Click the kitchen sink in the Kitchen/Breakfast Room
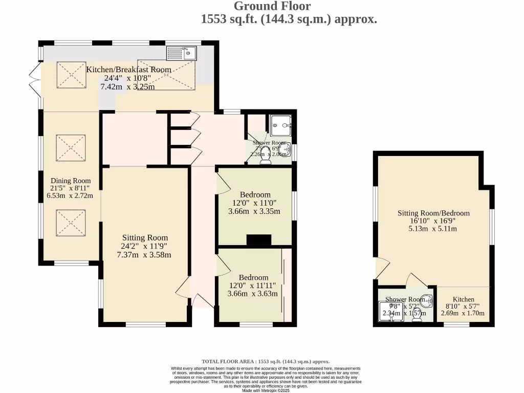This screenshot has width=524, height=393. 182,53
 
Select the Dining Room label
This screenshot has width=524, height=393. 71,181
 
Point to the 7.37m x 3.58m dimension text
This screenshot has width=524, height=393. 144,255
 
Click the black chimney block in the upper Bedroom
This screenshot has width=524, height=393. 258,240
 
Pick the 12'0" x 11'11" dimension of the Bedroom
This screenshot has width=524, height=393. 253,286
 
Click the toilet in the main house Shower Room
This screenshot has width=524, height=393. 266,161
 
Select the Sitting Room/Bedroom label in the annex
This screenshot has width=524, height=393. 433,213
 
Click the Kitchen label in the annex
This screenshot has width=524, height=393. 463,299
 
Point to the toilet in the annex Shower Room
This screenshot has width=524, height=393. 417,319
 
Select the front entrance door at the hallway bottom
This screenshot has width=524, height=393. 201,301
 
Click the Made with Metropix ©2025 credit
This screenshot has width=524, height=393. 266,390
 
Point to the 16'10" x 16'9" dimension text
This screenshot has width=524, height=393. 433,221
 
